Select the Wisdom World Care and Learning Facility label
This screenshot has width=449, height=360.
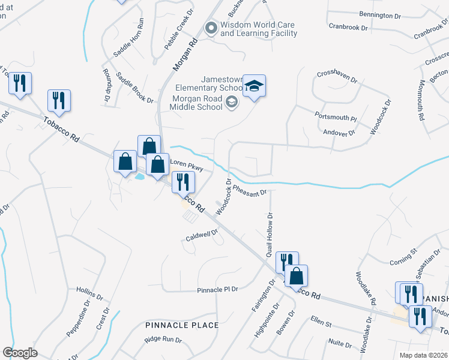(x=258, y=29)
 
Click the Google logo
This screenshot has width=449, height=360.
(x=20, y=352)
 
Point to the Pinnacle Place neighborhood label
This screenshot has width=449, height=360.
(x=182, y=325)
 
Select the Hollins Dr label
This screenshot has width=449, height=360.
(x=91, y=293)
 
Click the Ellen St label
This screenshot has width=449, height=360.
(x=321, y=322)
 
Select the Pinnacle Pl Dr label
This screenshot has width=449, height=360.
(x=218, y=290)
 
